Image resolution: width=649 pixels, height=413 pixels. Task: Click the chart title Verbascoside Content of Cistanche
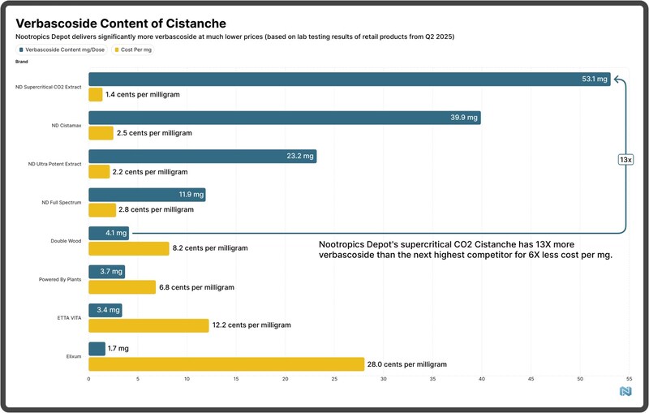tap(121, 24)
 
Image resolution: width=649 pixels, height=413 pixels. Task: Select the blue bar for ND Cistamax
tap(284, 118)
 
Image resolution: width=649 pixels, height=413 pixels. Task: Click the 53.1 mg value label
tap(595, 79)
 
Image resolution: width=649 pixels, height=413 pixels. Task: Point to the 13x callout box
tap(625, 160)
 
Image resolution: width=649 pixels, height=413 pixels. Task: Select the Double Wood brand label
tap(65, 241)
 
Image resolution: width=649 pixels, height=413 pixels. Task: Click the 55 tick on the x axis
tap(630, 379)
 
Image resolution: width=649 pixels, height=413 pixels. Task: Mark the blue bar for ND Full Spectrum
tap(146, 195)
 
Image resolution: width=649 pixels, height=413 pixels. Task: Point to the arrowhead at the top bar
tap(617, 79)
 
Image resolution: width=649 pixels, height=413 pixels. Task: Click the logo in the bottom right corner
tap(625, 392)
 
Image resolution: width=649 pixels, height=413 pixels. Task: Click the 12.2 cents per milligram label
tap(251, 325)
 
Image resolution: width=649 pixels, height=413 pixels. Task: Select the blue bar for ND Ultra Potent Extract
tap(202, 157)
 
